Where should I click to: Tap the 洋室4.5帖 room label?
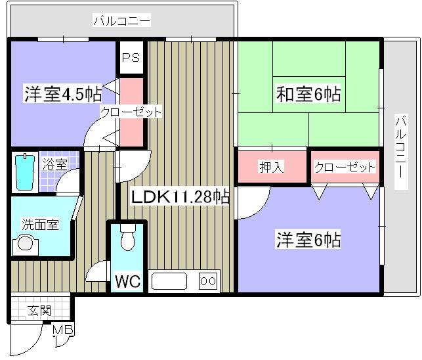pyautogui.click(x=62, y=94)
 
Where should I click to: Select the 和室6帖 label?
pyautogui.click(x=308, y=94)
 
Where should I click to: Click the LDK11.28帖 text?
pyautogui.click(x=179, y=196)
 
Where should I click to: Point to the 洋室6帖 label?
pyautogui.click(x=308, y=240)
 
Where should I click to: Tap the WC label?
pyautogui.click(x=128, y=282)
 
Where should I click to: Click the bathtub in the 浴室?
pyautogui.click(x=24, y=172)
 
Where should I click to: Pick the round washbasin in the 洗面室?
pyautogui.click(x=25, y=244)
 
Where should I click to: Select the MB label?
pyautogui.click(x=63, y=330)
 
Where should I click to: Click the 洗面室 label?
pyautogui.click(x=40, y=225)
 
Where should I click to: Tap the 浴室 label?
pyautogui.click(x=54, y=164)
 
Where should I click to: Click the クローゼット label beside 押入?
pyautogui.click(x=345, y=167)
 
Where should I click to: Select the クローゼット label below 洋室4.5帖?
pyautogui.click(x=131, y=112)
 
